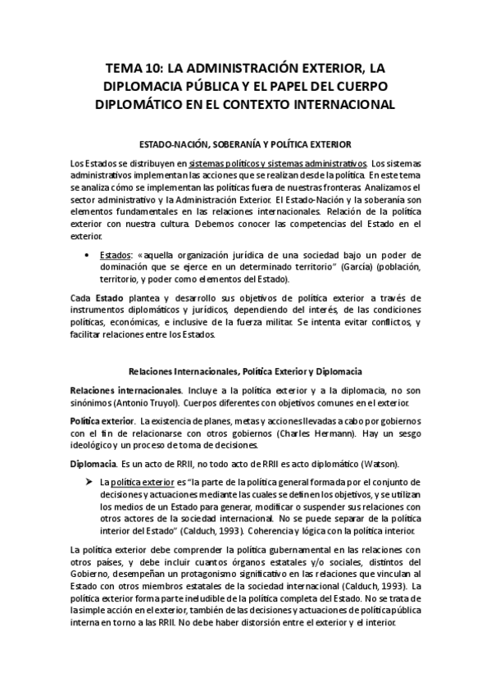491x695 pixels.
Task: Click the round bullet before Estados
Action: (86, 255)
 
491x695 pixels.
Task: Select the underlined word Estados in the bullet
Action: (115, 255)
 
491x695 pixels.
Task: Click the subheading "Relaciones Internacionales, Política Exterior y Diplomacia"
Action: (245, 372)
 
